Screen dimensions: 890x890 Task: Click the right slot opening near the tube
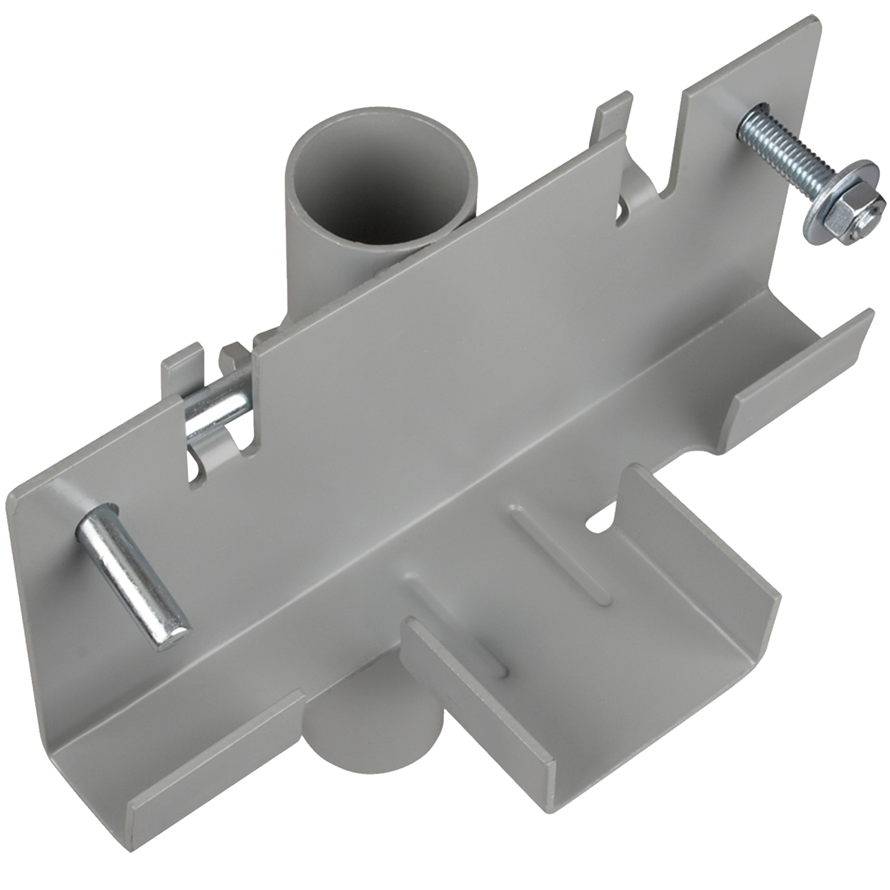[622, 207]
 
